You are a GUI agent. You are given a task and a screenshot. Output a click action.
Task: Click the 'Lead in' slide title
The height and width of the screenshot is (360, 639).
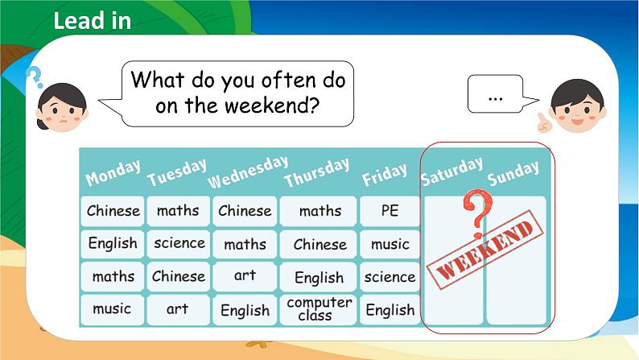(92, 21)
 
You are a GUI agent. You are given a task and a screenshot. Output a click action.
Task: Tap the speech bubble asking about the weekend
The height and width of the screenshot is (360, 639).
(237, 92)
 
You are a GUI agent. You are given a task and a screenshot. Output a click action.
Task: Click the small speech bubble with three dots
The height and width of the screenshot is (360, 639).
(495, 96)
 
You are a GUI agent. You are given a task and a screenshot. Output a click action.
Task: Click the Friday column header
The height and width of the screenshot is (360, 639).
(390, 177)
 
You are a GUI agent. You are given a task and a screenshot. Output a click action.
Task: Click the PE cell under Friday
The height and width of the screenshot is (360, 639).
(390, 211)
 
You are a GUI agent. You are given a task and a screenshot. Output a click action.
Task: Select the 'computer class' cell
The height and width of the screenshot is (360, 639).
(319, 309)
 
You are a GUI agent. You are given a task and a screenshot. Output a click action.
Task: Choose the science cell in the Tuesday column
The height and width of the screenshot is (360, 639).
(179, 243)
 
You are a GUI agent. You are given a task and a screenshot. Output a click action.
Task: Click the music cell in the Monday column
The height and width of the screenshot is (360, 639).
(113, 309)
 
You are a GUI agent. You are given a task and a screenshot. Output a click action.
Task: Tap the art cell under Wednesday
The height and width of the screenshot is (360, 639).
(245, 275)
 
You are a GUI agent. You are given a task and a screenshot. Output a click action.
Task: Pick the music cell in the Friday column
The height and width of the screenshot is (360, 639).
(390, 243)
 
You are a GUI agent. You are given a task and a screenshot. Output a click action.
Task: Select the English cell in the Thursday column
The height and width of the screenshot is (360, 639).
(319, 277)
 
